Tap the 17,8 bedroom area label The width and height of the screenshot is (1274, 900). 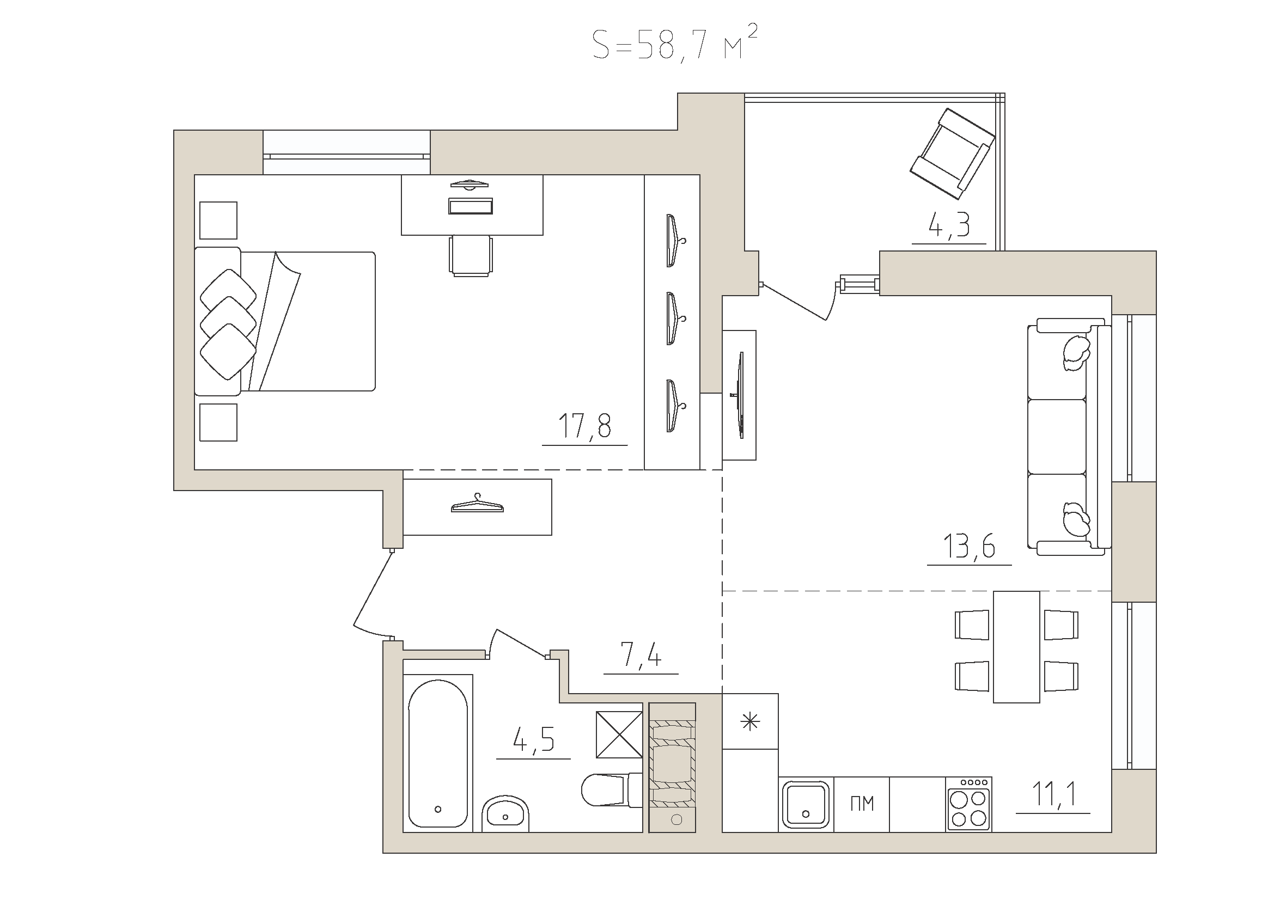pos(584,426)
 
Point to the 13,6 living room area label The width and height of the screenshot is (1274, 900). pos(969,546)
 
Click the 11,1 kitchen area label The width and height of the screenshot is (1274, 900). pos(1054,793)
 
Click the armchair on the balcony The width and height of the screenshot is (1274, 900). pos(952,154)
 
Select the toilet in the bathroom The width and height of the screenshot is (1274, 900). pos(611,789)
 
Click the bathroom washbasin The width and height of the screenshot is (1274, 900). pos(505,814)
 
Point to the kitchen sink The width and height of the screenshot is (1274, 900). pos(806,804)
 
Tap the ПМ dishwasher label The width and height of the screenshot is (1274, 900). pos(862,804)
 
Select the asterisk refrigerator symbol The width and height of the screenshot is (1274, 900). pos(750,721)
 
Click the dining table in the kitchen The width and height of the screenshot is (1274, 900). pos(1016,647)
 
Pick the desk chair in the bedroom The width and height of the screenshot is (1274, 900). pos(471,255)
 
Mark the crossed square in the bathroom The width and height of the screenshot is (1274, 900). pos(619,734)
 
